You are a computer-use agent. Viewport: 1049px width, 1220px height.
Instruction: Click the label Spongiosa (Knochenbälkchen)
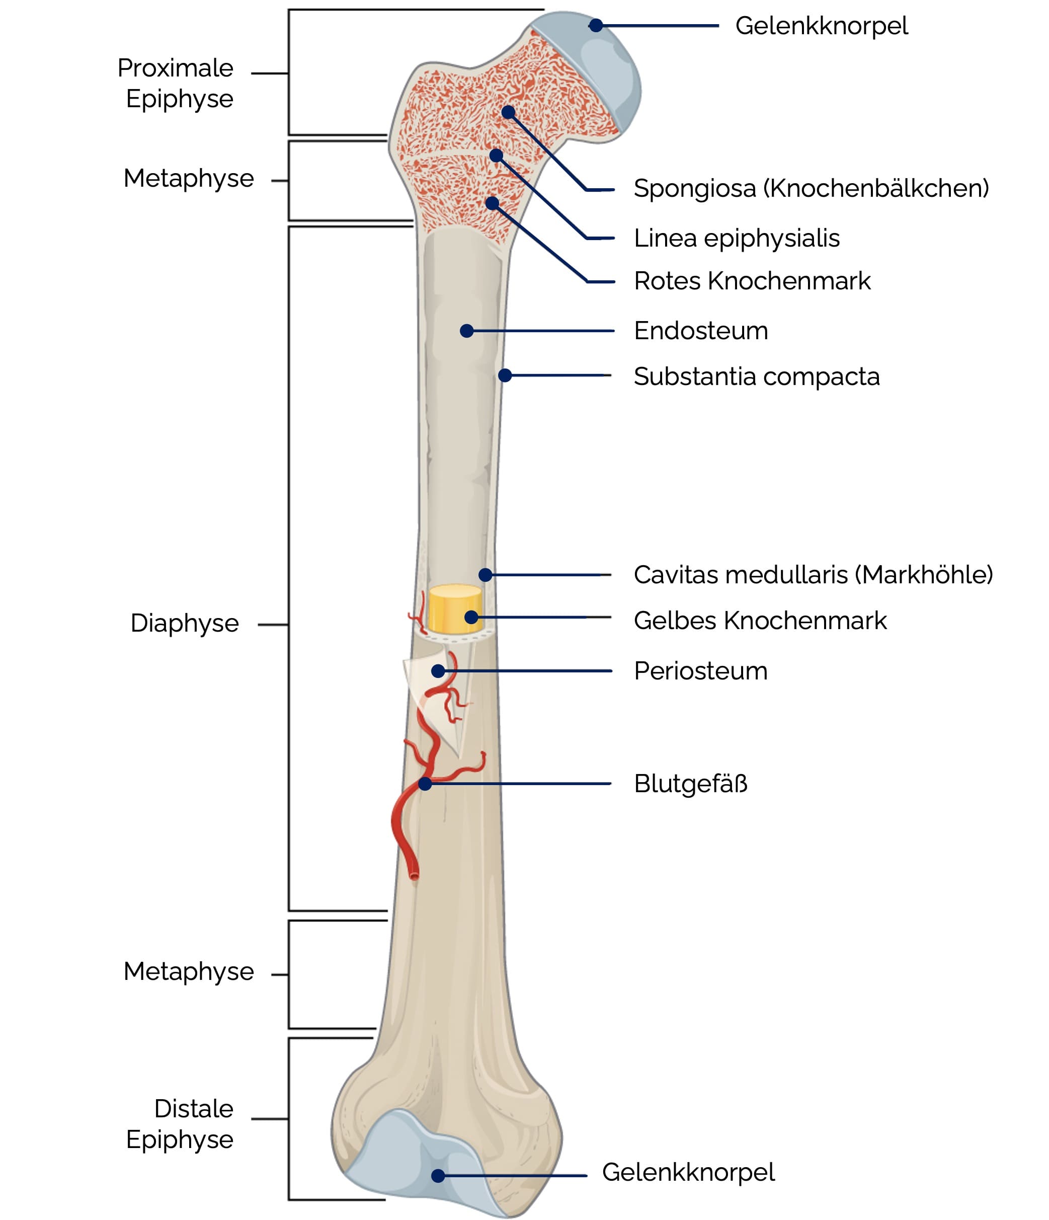click(811, 188)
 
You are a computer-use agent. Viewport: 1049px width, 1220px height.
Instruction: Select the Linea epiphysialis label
click(737, 239)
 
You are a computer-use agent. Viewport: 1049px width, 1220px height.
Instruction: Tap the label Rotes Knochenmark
click(752, 281)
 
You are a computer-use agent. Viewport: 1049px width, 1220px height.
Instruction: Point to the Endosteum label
click(700, 331)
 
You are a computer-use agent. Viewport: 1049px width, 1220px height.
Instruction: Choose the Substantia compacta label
click(756, 376)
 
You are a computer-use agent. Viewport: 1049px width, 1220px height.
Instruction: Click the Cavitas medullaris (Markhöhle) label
click(813, 575)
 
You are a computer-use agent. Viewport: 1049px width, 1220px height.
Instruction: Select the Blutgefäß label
click(690, 784)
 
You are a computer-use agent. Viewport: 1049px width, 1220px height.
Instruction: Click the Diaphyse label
click(184, 623)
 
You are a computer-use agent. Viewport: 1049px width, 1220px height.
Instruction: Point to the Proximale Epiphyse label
click(176, 83)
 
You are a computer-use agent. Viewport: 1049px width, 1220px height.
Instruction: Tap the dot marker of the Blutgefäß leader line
click(425, 784)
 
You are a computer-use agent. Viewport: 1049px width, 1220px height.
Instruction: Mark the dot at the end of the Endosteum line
click(467, 331)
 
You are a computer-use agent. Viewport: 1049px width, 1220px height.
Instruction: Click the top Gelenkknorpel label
click(821, 26)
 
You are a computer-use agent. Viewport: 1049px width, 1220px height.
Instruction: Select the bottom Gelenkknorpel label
click(688, 1172)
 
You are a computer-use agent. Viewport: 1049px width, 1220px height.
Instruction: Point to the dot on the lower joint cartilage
click(438, 1175)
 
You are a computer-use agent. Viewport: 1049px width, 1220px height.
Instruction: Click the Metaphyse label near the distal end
click(188, 971)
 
